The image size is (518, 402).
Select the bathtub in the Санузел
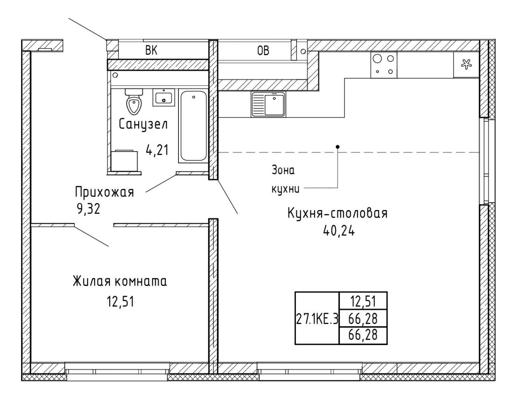tap(193, 126)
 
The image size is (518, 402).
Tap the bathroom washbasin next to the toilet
tap(163, 97)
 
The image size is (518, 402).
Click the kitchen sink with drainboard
tap(268, 104)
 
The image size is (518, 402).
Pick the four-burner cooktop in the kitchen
tap(384, 65)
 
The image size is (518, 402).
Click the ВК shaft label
tap(151, 51)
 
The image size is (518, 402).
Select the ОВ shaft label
tap(263, 51)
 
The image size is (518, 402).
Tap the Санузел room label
tap(143, 124)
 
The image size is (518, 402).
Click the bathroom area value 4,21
tap(157, 150)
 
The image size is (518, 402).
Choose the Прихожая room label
tap(104, 193)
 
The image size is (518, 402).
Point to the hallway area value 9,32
tap(88, 209)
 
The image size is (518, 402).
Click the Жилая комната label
tap(120, 282)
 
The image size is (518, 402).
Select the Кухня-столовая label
tap(338, 214)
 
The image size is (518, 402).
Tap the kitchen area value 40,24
tap(339, 230)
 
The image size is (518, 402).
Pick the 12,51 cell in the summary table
tap(363, 302)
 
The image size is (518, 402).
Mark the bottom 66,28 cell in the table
tap(363, 335)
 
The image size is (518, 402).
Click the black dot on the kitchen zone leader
tap(338, 147)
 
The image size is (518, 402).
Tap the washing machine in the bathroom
tap(124, 161)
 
